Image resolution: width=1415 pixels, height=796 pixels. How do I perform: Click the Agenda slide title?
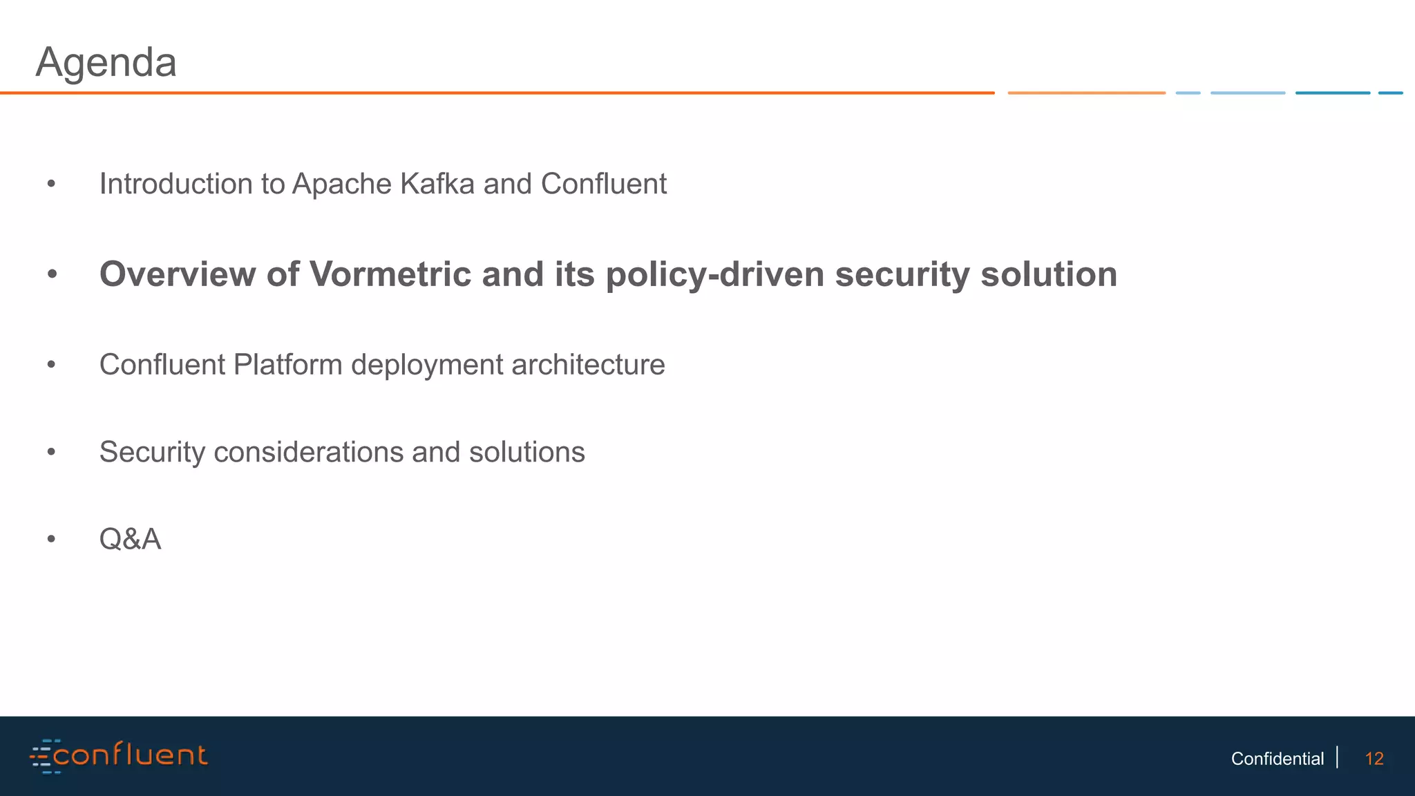106,63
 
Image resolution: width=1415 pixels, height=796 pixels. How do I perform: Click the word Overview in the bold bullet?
178,274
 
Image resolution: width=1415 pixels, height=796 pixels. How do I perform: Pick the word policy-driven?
715,274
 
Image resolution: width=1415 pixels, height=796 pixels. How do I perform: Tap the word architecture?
588,365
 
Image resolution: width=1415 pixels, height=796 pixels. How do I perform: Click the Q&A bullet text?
130,540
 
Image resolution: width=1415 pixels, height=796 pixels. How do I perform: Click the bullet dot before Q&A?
51,540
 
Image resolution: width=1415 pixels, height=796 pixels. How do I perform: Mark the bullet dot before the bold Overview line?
52,275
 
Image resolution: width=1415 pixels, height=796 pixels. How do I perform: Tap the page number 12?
1374,759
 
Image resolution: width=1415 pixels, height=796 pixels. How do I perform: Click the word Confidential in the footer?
1277,759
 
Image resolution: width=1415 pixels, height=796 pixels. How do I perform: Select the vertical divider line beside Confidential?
1338,757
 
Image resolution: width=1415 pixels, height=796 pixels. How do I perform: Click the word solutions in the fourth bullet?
526,453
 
